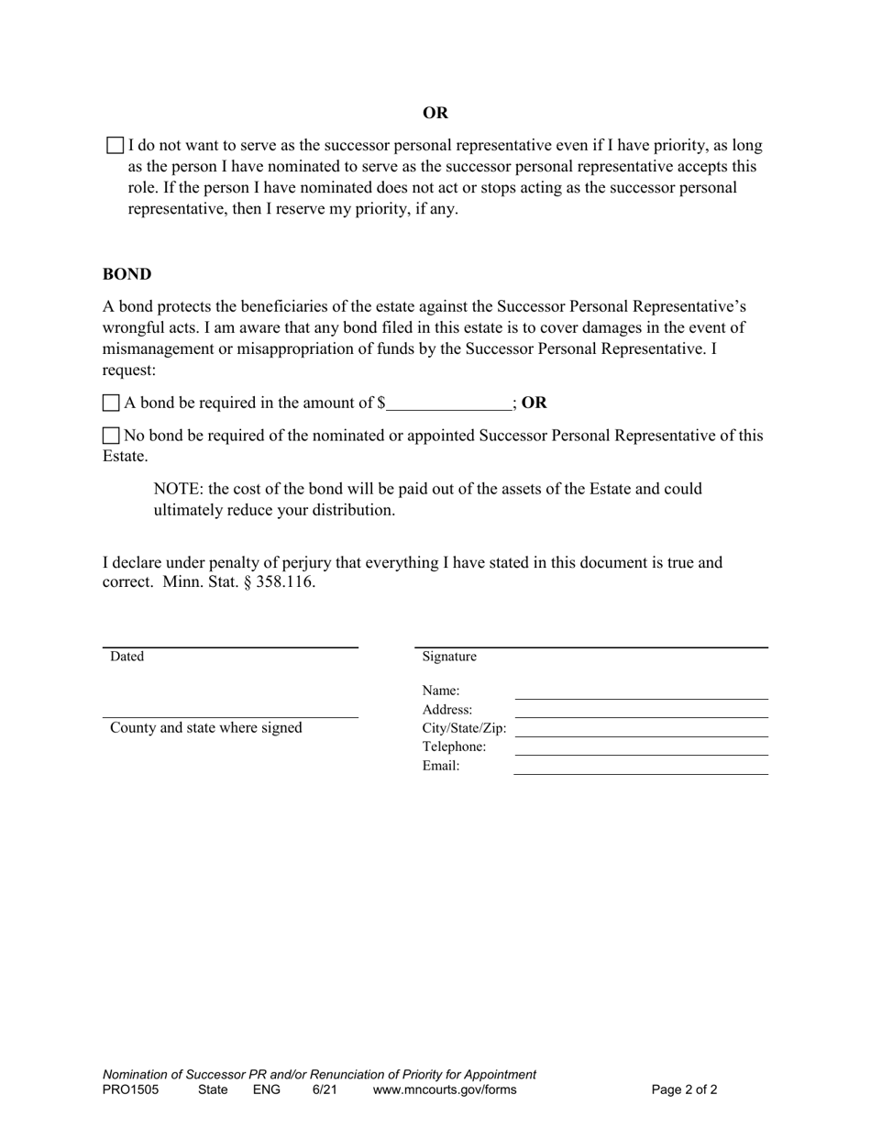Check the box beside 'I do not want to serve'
point(116,145)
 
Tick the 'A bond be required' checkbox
point(111,403)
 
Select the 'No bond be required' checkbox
point(111,436)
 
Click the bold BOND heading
point(127,274)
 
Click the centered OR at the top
point(435,113)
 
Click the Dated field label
point(127,657)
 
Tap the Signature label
point(449,657)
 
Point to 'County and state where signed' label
point(206,728)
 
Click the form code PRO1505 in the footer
point(130,1090)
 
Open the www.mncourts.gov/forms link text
point(445,1090)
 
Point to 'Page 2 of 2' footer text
point(684,1090)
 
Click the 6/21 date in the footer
point(325,1090)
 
